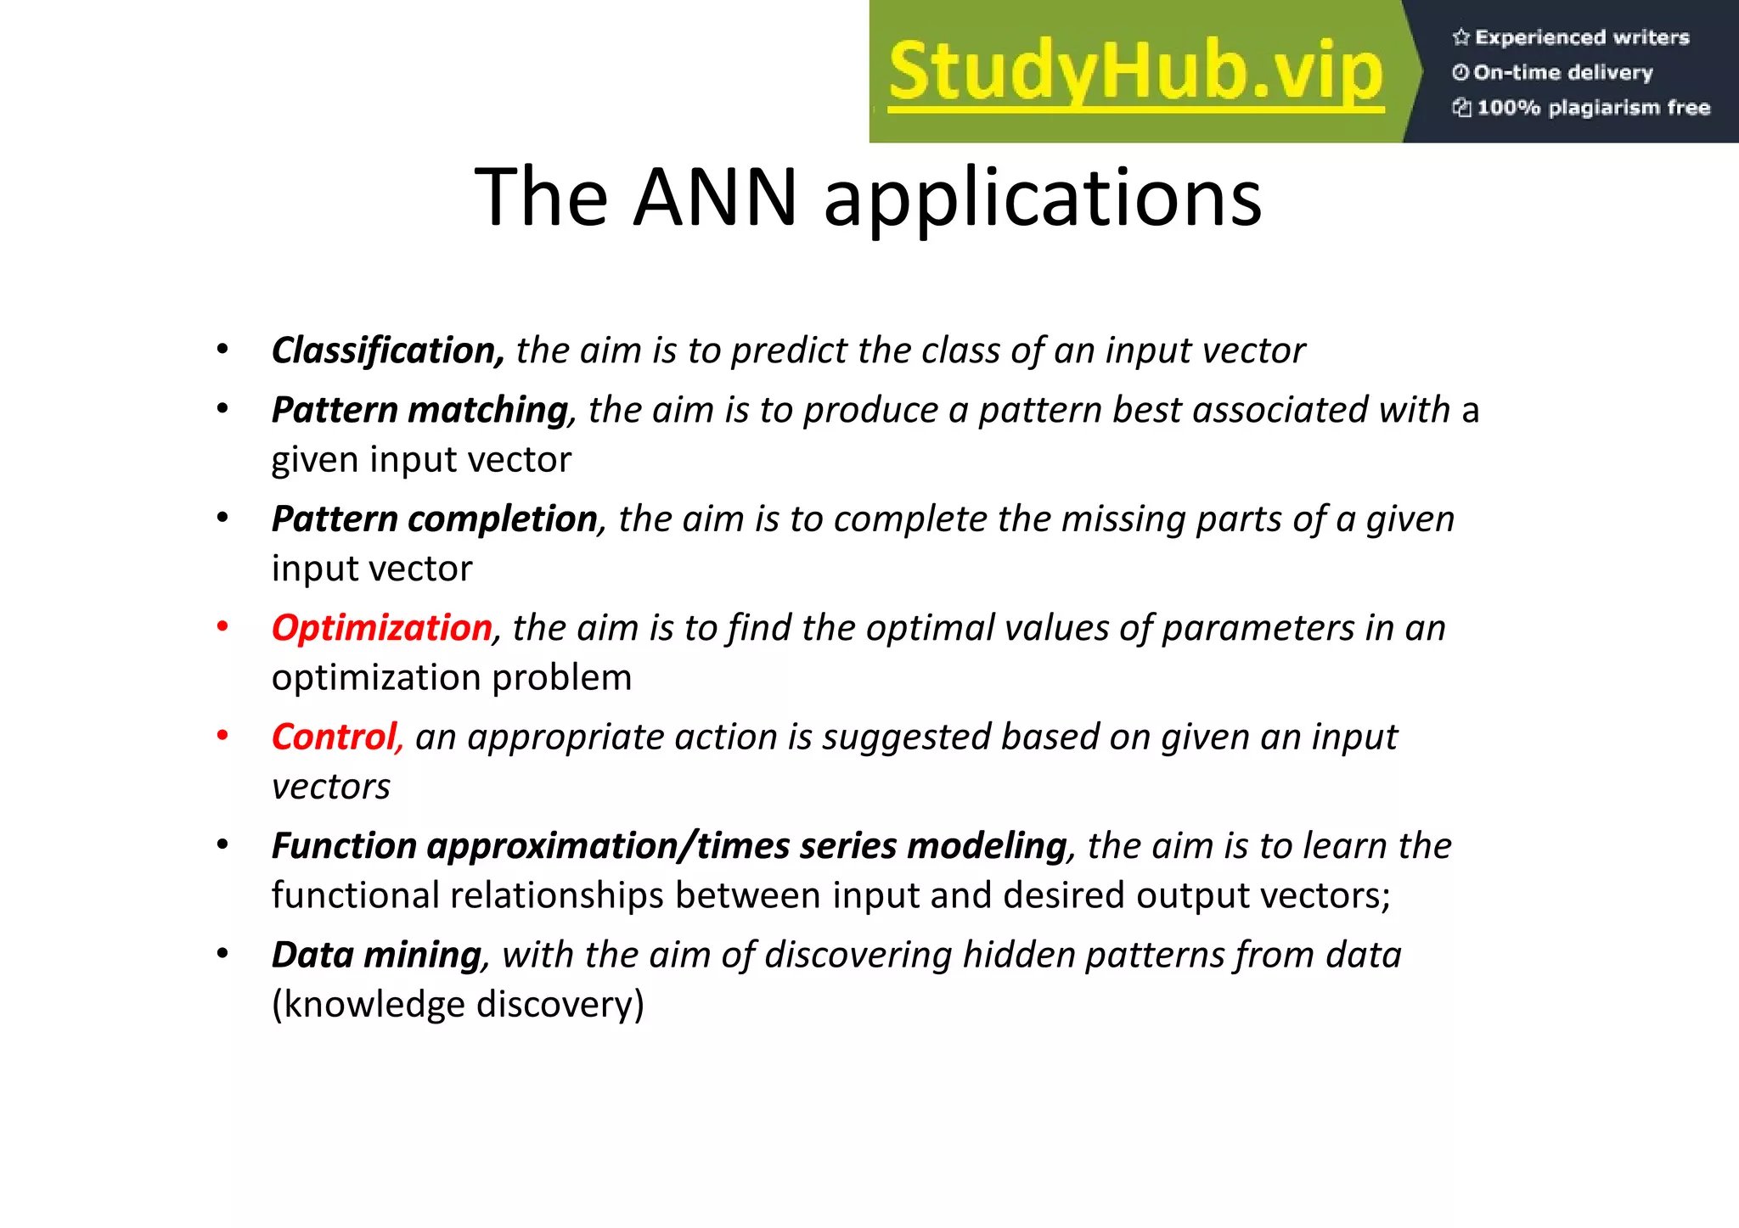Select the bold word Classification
pos(388,350)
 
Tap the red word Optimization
pos(382,628)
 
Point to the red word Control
pos(335,737)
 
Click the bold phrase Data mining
pos(376,955)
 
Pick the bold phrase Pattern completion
pos(435,519)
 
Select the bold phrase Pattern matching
pos(419,410)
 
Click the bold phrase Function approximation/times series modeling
pos(669,846)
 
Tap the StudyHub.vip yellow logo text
pos(1136,71)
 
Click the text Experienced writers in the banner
pos(1582,37)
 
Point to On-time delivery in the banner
pos(1563,72)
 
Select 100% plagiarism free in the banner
pos(1593,108)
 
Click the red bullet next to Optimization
pos(222,627)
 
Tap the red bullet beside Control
pos(222,736)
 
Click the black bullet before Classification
pos(222,350)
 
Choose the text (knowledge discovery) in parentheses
pos(458,1005)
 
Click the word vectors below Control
pos(331,787)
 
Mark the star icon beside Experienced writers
pos(1460,37)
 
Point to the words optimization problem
pos(452,678)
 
